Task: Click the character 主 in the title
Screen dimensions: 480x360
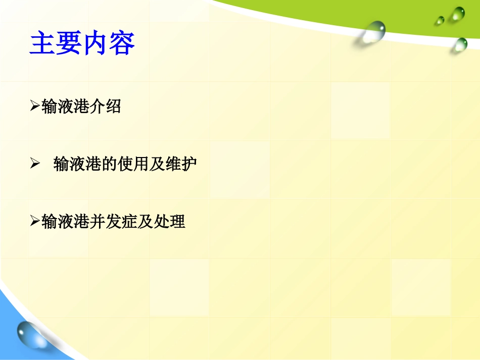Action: (42, 43)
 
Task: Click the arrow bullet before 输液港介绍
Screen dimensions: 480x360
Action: (35, 106)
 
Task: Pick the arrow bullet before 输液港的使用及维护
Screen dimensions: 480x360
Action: (35, 163)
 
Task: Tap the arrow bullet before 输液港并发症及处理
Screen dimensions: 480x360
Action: (35, 221)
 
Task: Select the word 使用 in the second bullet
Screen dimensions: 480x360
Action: (133, 164)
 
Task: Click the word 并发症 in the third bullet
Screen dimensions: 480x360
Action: (113, 222)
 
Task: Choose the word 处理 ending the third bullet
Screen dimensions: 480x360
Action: (169, 222)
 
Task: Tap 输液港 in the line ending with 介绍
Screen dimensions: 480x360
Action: (65, 107)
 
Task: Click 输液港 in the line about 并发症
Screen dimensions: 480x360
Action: (65, 222)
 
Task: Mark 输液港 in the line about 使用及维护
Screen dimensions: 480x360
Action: (77, 164)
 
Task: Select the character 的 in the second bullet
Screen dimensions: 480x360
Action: (109, 164)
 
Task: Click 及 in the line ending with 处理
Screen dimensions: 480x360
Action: (145, 222)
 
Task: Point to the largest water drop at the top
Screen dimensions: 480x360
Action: (373, 32)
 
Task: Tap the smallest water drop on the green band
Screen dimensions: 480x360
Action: (440, 20)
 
